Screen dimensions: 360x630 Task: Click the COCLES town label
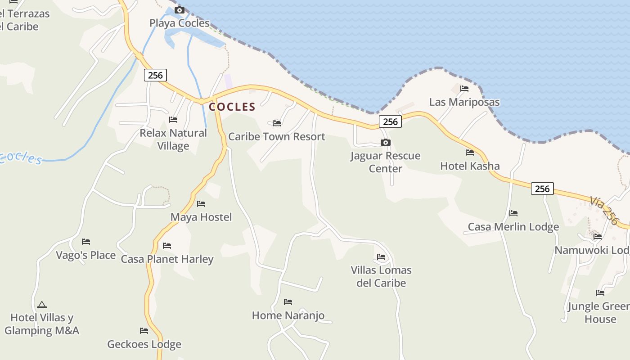coord(232,107)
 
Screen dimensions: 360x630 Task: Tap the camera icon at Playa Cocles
coord(180,10)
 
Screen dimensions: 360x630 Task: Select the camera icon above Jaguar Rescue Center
coord(386,143)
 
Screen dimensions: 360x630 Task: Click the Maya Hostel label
coord(201,217)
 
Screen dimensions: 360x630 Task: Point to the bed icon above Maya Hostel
coord(201,204)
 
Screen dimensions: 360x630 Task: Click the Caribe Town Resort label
coord(276,136)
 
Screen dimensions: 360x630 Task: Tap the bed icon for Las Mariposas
coord(464,89)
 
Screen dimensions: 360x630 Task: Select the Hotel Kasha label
coord(470,166)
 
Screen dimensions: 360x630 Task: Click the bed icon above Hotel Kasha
coord(470,153)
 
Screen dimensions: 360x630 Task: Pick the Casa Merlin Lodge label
coord(513,226)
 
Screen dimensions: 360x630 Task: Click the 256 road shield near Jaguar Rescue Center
coord(390,121)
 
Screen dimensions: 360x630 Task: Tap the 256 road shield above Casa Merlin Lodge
coord(542,189)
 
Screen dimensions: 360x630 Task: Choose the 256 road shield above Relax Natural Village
coord(155,75)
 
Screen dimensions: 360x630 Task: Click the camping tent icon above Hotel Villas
coord(42,305)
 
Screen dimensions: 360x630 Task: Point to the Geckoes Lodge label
coord(144,344)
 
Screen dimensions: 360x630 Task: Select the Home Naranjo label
coord(288,315)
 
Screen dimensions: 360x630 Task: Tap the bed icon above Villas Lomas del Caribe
coord(381,257)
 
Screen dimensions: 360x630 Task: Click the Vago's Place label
coord(85,255)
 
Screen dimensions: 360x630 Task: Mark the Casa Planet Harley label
coord(167,259)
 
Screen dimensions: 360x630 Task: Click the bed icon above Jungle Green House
coord(600,293)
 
